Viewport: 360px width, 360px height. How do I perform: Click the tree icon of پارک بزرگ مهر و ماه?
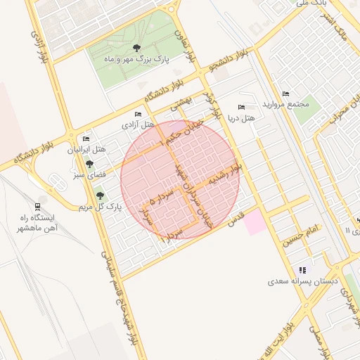tap(136, 48)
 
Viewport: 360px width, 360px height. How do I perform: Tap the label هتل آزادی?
tap(138, 124)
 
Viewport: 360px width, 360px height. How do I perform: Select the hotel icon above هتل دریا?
tap(242, 108)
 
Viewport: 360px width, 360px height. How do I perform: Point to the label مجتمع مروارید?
tap(285, 104)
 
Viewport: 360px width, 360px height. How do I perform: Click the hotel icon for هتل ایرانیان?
tap(86, 139)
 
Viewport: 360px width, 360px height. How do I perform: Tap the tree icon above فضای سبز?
tap(89, 163)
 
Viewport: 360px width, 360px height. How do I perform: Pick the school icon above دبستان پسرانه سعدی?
tap(303, 270)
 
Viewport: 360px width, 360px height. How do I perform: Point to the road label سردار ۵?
tap(162, 200)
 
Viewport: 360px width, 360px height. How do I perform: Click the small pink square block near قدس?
tap(255, 223)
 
